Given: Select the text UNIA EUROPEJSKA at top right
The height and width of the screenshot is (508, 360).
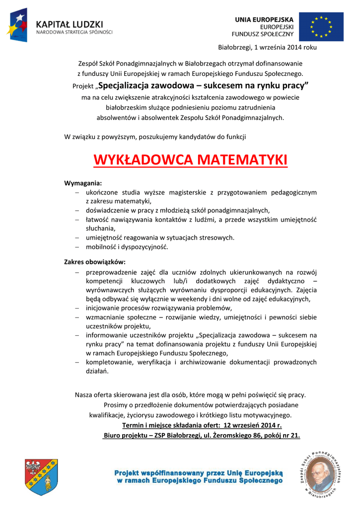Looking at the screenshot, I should pyautogui.click(x=264, y=19).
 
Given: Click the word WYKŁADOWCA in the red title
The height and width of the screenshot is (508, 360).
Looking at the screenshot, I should pyautogui.click(x=143, y=161).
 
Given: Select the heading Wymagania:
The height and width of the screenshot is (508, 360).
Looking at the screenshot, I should pyautogui.click(x=83, y=183).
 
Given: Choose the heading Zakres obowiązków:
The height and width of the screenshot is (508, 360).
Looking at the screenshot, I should pyautogui.click(x=95, y=261).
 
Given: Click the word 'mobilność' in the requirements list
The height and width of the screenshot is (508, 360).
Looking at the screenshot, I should pyautogui.click(x=100, y=247).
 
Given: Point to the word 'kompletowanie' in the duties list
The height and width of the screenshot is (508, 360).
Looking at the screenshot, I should pyautogui.click(x=107, y=362).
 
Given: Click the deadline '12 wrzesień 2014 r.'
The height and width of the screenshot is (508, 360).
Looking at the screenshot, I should pyautogui.click(x=253, y=426).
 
